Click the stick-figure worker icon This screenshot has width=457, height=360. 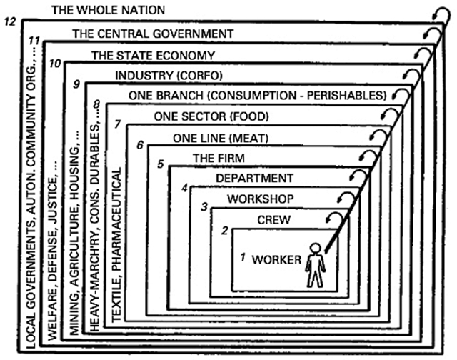(x=314, y=265)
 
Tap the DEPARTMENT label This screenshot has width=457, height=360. (x=254, y=177)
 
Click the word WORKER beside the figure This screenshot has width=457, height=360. (x=277, y=259)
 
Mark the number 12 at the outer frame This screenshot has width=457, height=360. (x=10, y=22)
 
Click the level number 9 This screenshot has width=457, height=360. (x=76, y=84)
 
